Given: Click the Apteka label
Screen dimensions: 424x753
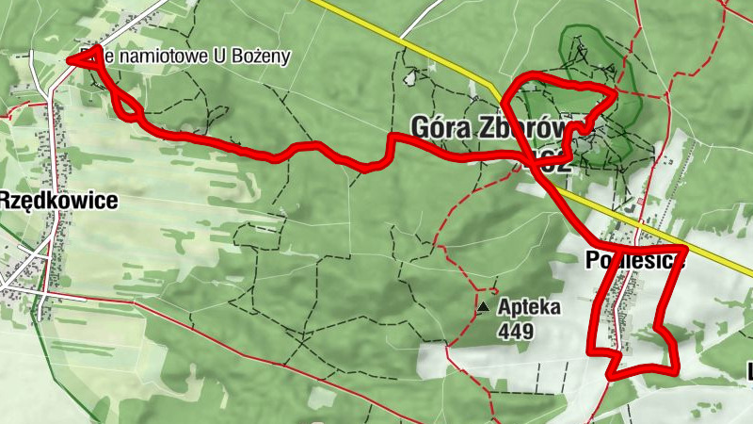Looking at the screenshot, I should [530, 307].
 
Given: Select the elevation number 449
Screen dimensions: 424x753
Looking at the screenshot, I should [517, 331].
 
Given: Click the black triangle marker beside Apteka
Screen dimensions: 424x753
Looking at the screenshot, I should [484, 307].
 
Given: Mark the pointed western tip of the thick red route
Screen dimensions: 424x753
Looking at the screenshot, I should [71, 60].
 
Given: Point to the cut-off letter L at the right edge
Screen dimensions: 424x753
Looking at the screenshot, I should [749, 371].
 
